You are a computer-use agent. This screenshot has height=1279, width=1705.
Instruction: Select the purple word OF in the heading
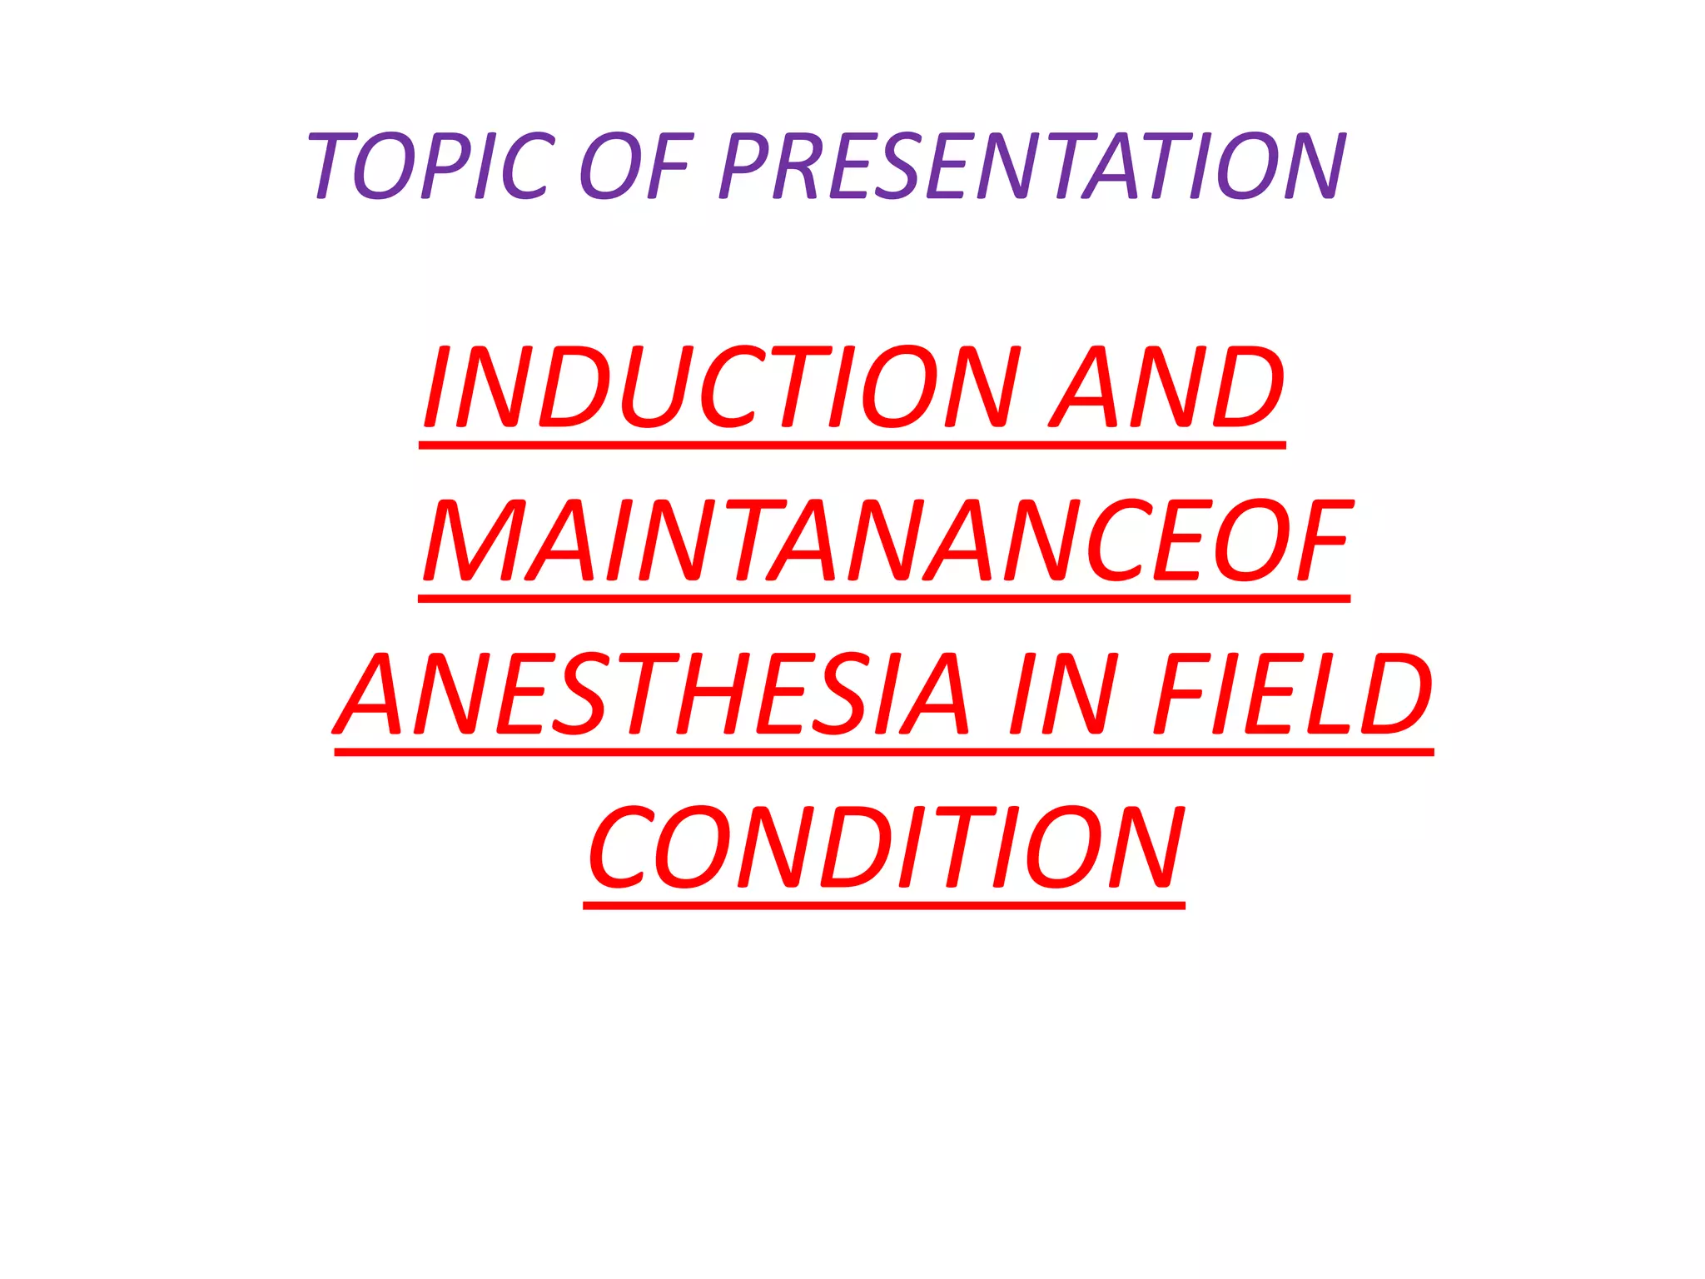(x=634, y=166)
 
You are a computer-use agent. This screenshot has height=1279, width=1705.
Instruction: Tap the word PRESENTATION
(x=1032, y=166)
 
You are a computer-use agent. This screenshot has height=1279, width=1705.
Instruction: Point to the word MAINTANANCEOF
(x=887, y=540)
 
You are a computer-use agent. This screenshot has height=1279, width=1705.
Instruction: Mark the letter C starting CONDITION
(x=619, y=848)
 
